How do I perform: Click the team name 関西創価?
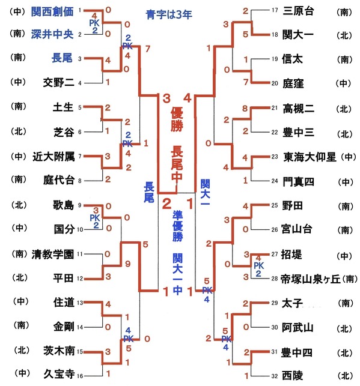point(52,11)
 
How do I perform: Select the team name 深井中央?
point(52,34)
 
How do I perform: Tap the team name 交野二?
point(59,82)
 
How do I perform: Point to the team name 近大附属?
point(53,157)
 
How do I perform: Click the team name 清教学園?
point(53,255)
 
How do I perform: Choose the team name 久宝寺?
point(59,374)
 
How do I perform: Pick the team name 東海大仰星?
point(310,157)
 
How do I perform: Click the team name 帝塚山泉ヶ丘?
point(311,279)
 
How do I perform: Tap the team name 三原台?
point(298,11)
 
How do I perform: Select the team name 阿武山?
point(297,327)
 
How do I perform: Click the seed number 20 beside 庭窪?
point(275,83)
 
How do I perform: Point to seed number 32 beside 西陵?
point(275,376)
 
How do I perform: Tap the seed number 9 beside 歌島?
point(79,205)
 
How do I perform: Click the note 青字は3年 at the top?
point(169,14)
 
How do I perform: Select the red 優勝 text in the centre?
point(177,121)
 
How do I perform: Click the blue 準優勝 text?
point(178,226)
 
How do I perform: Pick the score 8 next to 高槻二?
point(245,108)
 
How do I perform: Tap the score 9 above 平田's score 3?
point(127,264)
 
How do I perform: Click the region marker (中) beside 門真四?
point(346,182)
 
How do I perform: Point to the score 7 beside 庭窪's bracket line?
point(246,82)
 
